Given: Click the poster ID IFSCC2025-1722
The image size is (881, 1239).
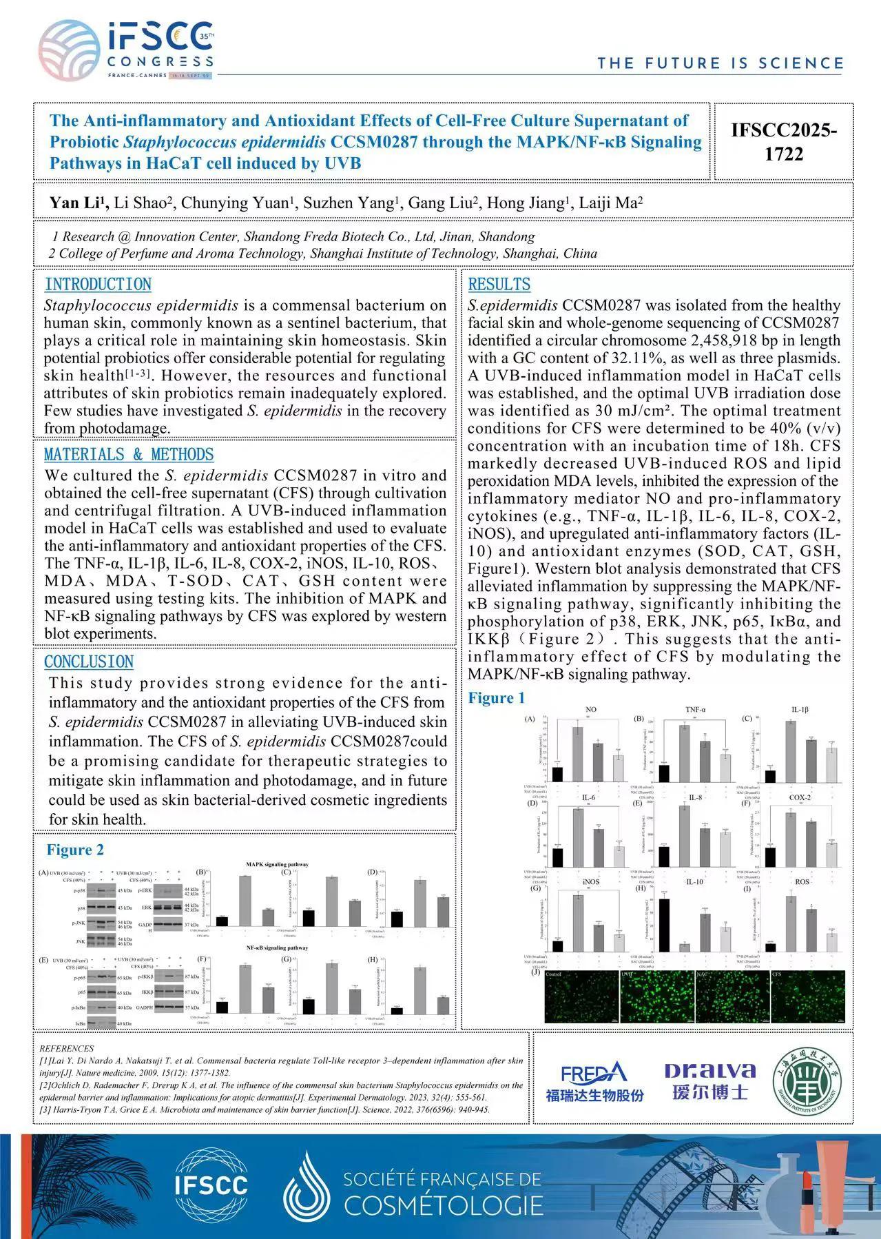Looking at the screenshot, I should pyautogui.click(x=784, y=141).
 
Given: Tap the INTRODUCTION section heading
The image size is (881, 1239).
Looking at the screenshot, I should pyautogui.click(x=98, y=285).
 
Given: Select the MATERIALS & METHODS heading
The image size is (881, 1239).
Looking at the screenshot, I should pyautogui.click(x=129, y=455).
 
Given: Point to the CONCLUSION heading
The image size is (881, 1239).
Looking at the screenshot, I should pyautogui.click(x=89, y=662).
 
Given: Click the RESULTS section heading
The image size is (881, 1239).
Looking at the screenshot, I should pyautogui.click(x=499, y=285).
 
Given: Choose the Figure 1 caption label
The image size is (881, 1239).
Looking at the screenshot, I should pyautogui.click(x=496, y=698).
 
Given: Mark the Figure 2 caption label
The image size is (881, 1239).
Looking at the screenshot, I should pyautogui.click(x=75, y=850).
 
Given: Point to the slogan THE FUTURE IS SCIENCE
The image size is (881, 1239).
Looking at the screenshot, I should pyautogui.click(x=720, y=64).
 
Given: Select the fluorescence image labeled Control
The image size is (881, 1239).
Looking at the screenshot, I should pyautogui.click(x=581, y=996).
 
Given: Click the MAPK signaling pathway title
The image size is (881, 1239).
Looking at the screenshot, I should pyautogui.click(x=277, y=864).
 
